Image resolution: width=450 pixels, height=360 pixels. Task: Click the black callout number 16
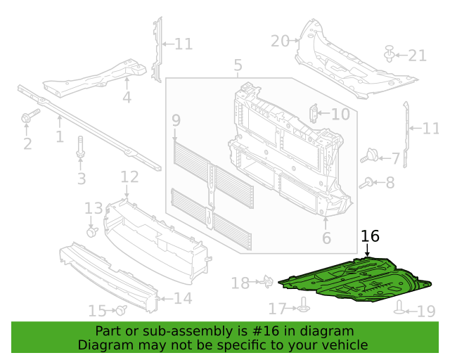tap(370, 236)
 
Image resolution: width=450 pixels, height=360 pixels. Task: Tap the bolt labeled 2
tap(30, 115)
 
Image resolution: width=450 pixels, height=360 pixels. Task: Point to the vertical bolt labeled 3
tap(80, 146)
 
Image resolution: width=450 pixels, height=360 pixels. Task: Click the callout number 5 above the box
tap(238, 65)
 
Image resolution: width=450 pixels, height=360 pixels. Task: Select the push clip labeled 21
tap(389, 53)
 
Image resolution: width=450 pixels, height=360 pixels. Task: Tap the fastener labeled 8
tap(366, 183)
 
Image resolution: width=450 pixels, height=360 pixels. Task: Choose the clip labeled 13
tap(92, 231)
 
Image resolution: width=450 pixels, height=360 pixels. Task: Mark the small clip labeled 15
tap(122, 310)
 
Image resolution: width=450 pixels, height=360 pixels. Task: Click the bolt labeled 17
tap(303, 305)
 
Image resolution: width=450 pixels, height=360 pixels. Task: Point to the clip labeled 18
tap(268, 281)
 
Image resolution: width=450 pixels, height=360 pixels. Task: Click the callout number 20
tap(280, 41)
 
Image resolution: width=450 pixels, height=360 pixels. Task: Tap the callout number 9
tap(176, 120)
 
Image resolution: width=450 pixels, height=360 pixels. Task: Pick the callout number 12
tap(129, 177)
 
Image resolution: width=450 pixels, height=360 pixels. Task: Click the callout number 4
tap(127, 97)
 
